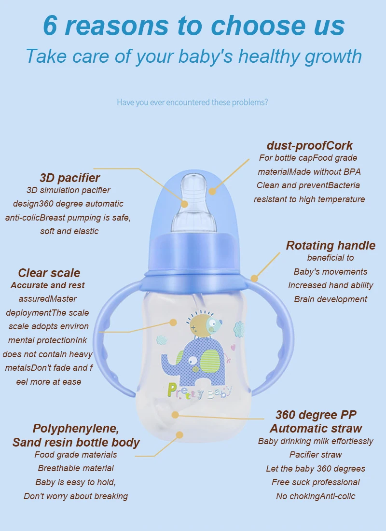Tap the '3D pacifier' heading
70,177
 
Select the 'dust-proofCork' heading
309,145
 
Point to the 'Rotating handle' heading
331,245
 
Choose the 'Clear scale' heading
49,273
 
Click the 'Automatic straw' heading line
316,428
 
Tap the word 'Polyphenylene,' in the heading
76,428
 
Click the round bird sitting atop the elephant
204,325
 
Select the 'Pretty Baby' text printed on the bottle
199,390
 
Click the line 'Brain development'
331,299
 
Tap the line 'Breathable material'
76,468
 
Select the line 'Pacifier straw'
316,455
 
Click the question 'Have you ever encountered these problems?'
193,102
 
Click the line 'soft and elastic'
69,231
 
